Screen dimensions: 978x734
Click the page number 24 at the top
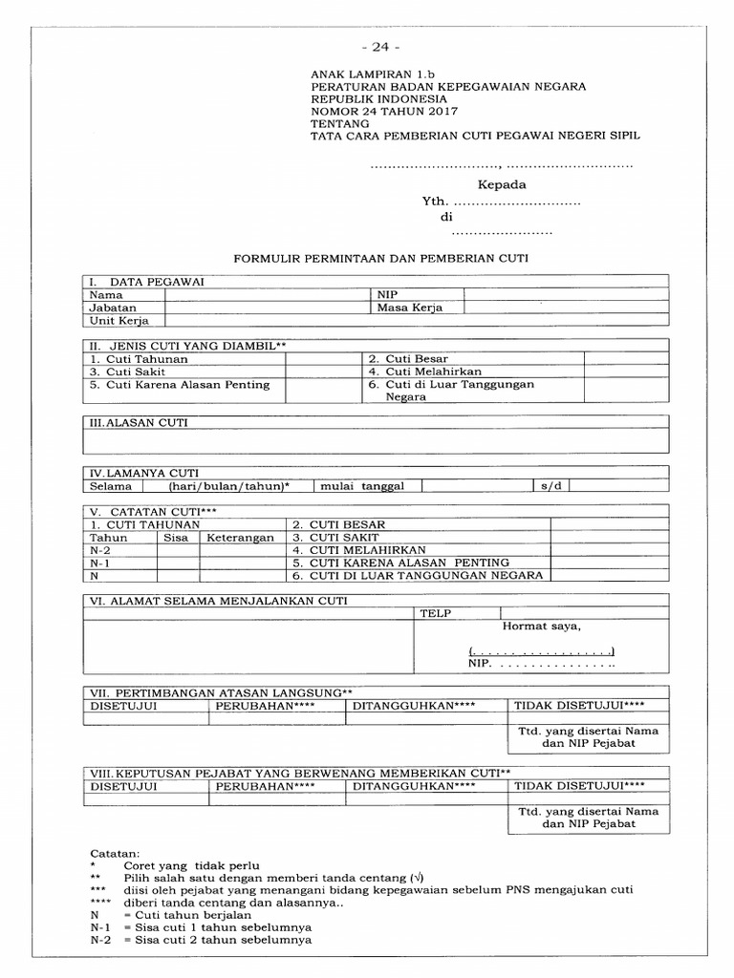(x=381, y=47)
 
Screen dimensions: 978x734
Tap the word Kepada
(x=502, y=184)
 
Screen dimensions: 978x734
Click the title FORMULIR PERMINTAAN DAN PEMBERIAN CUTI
(x=381, y=258)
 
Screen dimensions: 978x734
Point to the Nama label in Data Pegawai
(x=106, y=295)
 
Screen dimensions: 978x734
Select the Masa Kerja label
(x=409, y=308)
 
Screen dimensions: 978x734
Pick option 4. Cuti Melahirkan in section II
(x=425, y=372)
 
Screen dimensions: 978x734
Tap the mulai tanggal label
(x=362, y=486)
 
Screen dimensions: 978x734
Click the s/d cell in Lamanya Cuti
(x=549, y=486)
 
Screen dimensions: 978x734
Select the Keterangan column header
(x=240, y=538)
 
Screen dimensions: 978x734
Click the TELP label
(x=435, y=613)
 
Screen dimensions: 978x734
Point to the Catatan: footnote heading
(x=115, y=852)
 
